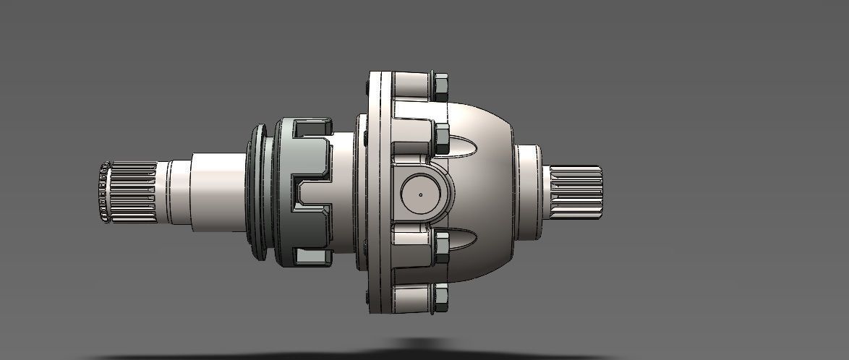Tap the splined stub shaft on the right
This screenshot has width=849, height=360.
coord(576,192)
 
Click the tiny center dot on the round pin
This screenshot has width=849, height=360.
coord(421,194)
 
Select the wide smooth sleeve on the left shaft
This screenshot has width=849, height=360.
coord(217,192)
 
